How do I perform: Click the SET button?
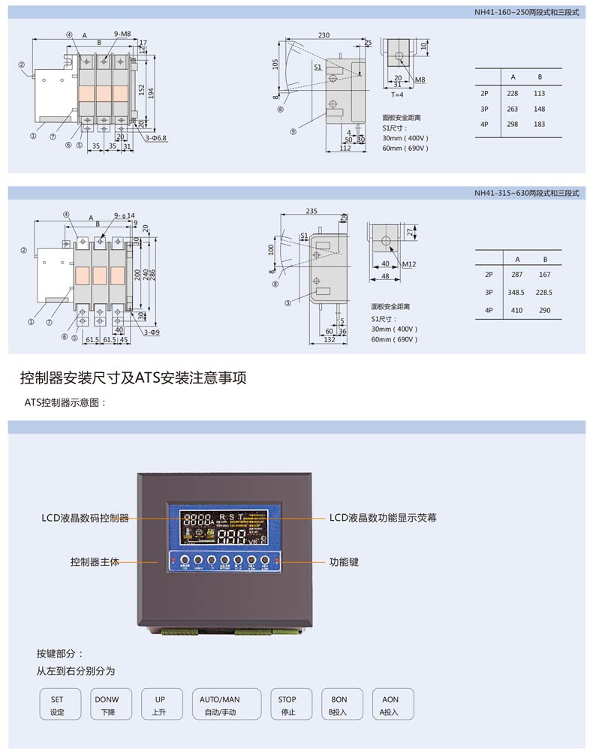pyautogui.click(x=58, y=705)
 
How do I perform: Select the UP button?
pyautogui.click(x=159, y=705)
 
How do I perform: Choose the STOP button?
pyautogui.click(x=287, y=705)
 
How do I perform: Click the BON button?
pyautogui.click(x=339, y=705)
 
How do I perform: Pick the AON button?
pyautogui.click(x=390, y=705)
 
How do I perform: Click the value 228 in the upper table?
pyautogui.click(x=513, y=94)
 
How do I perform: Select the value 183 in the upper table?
pyautogui.click(x=539, y=124)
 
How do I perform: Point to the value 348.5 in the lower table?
pyautogui.click(x=516, y=293)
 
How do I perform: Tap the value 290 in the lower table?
pyautogui.click(x=544, y=310)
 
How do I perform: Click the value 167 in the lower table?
pyautogui.click(x=544, y=275)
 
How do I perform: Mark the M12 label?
pyautogui.click(x=409, y=264)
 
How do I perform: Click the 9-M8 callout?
pyautogui.click(x=122, y=34)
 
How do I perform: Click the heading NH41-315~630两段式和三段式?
pyautogui.click(x=526, y=193)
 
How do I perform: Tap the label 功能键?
pyautogui.click(x=344, y=561)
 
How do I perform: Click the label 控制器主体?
pyautogui.click(x=95, y=561)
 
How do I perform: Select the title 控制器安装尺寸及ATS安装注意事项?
pyautogui.click(x=134, y=378)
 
